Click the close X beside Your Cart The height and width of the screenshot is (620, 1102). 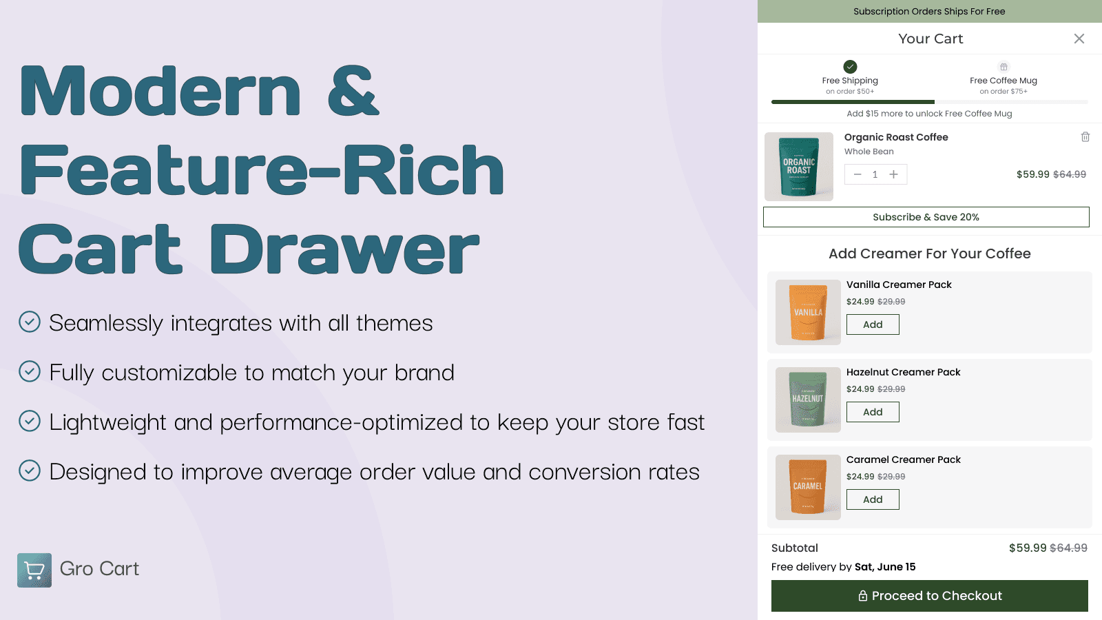coord(1079,39)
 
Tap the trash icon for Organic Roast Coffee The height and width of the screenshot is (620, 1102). coord(1085,137)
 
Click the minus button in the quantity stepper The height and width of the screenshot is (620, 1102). coord(857,174)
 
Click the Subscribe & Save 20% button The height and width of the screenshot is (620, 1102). coord(926,217)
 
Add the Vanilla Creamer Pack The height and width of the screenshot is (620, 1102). coord(873,324)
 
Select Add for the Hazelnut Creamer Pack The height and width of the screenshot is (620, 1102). coord(873,412)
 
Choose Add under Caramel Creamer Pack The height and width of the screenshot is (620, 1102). coord(873,499)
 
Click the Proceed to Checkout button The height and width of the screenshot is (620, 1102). coord(929,596)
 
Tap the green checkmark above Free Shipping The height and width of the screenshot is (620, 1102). coord(850,67)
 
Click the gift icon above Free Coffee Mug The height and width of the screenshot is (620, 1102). coord(1004,67)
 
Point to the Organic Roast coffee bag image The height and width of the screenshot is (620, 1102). coord(799,167)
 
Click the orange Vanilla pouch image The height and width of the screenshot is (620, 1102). coord(808,312)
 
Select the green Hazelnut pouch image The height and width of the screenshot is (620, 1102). coord(808,400)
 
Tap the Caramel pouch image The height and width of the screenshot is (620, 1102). coord(808,487)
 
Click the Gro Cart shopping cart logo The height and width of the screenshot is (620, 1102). coord(34,570)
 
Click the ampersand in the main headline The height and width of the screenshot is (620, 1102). coord(353,91)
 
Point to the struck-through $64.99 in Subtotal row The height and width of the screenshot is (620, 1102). coord(1068,548)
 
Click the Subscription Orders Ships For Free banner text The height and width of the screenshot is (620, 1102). coord(929,12)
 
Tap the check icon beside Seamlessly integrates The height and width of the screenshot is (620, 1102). coord(30,322)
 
